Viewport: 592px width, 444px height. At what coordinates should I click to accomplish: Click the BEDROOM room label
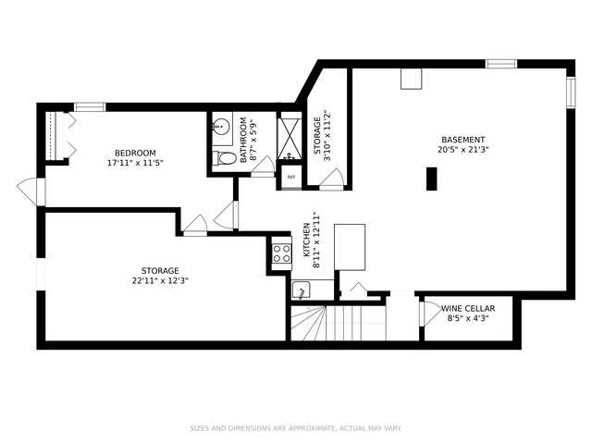[x=135, y=153]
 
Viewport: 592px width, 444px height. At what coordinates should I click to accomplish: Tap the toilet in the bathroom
[x=224, y=158]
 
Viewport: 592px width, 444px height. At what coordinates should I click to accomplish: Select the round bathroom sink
[x=221, y=126]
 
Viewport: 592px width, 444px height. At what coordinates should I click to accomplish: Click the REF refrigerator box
[x=291, y=177]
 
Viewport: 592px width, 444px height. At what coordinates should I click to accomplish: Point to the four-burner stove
[x=281, y=253]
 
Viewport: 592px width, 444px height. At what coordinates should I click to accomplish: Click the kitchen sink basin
[x=301, y=290]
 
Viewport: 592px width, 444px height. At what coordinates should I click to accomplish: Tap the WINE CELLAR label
[x=468, y=308]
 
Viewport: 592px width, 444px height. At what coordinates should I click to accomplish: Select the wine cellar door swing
[x=430, y=314]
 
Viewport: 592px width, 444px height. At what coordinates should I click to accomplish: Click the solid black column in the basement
[x=432, y=179]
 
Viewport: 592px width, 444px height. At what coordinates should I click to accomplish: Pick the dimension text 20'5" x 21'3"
[x=463, y=149]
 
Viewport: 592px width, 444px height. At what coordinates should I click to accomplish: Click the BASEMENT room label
[x=463, y=140]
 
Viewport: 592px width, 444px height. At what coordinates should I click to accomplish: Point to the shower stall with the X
[x=290, y=138]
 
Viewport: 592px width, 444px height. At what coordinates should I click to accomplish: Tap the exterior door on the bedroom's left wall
[x=31, y=191]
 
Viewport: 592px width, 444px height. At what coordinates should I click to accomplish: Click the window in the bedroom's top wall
[x=90, y=107]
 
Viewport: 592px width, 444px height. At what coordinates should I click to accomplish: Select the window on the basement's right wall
[x=571, y=92]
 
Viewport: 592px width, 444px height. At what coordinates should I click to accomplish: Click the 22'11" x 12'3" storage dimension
[x=160, y=280]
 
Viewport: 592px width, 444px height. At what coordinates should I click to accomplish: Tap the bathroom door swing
[x=263, y=166]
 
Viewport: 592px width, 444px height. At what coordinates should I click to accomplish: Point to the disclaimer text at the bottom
[x=296, y=428]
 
